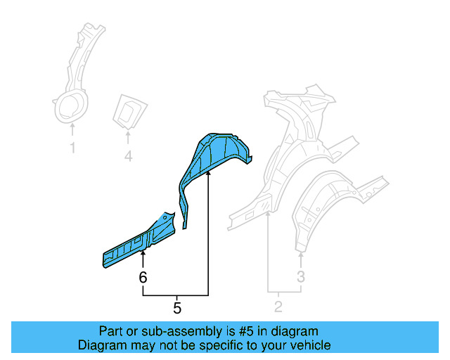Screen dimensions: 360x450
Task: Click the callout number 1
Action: coord(72,148)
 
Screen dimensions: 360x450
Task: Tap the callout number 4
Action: coord(128,156)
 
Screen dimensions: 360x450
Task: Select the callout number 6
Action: coord(143,278)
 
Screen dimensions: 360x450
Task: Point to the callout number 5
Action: coord(177,307)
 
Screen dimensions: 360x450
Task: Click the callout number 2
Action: coord(278,306)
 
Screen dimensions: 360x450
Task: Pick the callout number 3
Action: coord(300,277)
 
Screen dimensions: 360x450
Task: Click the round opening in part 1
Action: coord(70,107)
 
